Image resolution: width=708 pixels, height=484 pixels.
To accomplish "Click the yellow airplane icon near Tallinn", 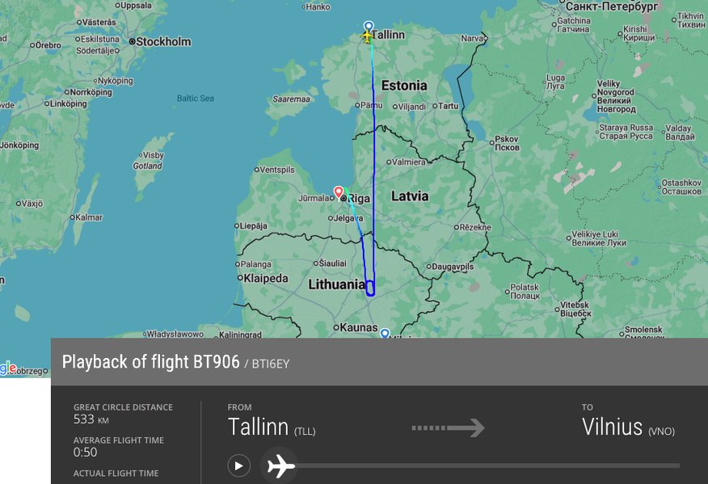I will click(368, 36).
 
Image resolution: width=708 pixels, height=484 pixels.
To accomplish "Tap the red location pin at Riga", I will click(339, 191).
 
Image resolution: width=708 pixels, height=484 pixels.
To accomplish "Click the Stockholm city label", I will click(163, 42).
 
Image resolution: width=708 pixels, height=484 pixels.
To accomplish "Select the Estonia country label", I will click(403, 86).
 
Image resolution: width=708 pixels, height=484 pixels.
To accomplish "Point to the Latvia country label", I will click(410, 196).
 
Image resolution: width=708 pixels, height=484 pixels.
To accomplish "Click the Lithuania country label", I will click(336, 284).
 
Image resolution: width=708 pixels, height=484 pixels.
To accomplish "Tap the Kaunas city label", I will click(359, 327).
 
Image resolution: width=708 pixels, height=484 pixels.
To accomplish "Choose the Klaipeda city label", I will click(265, 279).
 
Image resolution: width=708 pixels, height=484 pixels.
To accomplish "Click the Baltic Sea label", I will click(196, 99).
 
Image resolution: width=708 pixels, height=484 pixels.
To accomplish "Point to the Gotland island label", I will click(147, 166).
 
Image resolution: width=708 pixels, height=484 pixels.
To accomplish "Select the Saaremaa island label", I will click(292, 99).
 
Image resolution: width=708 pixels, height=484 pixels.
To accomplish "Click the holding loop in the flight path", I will click(370, 288).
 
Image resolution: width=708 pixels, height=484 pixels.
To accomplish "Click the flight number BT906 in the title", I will click(216, 362).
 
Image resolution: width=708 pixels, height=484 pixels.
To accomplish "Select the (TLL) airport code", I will click(305, 431).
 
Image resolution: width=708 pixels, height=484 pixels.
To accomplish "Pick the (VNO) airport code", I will click(661, 431).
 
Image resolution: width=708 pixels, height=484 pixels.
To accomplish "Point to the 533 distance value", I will click(84, 419).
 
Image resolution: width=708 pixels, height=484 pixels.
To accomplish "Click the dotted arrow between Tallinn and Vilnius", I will click(448, 427).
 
